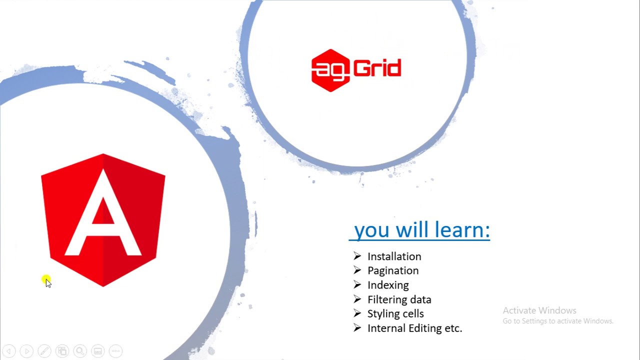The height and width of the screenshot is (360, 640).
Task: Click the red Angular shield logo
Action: coord(103,220)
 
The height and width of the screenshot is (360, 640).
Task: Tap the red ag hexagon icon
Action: coord(330,70)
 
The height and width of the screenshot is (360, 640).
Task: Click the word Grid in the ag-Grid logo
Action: coord(378,68)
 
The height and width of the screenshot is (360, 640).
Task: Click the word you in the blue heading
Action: coord(371,230)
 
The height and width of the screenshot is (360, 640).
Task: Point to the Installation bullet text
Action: coord(394,256)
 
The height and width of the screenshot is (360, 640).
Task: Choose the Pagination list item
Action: coord(393,270)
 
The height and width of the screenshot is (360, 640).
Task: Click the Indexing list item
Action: coord(388,285)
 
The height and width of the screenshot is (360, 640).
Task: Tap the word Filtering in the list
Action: coord(386,299)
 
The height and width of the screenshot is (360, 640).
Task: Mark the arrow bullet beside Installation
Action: coord(357,256)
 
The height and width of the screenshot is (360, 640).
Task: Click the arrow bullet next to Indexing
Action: coord(357,284)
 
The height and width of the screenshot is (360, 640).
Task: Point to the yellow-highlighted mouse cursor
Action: coord(46,281)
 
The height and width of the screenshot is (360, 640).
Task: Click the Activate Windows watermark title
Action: coord(539,310)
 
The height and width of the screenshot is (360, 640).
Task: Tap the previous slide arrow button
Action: coord(9,351)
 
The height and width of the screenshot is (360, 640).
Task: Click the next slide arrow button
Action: coord(27,351)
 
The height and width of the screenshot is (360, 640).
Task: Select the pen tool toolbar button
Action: coord(44,351)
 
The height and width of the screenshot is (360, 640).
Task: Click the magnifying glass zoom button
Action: coord(80,351)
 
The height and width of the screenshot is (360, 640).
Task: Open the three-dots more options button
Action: coord(115,351)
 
